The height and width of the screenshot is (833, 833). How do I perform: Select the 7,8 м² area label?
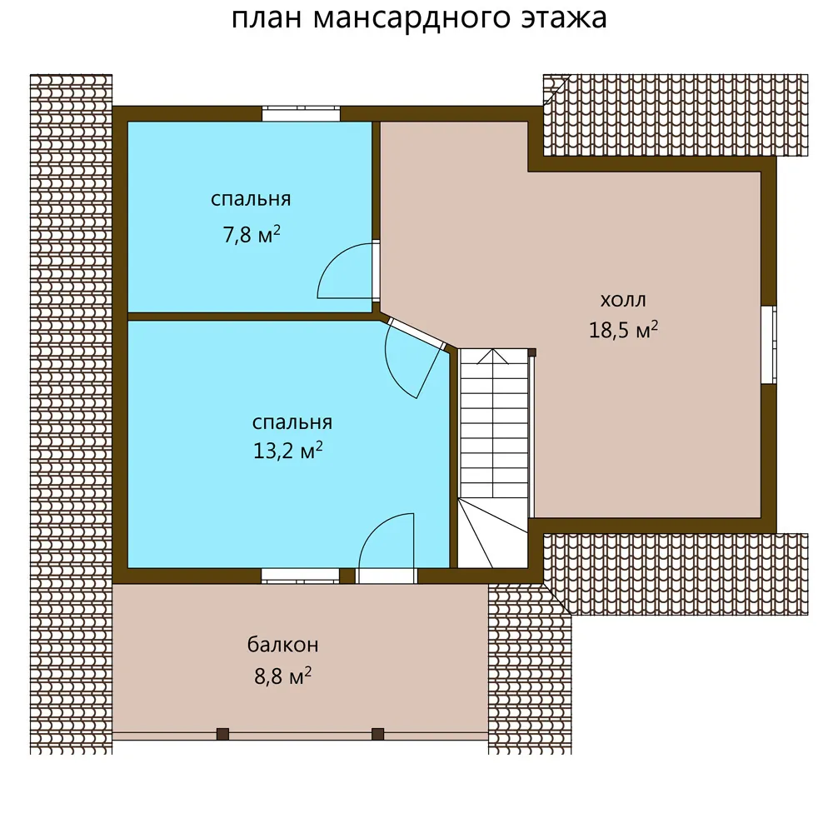click(252, 234)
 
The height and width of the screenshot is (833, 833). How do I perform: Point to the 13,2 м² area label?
click(288, 451)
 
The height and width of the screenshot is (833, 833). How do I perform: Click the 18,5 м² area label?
click(623, 329)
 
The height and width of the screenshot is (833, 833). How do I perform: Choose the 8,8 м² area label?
click(282, 676)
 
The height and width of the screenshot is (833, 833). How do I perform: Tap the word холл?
click(623, 300)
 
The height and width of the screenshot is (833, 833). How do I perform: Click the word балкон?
click(282, 645)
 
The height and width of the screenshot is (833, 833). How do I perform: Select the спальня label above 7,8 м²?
click(251, 199)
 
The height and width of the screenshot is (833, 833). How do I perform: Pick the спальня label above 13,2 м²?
click(292, 422)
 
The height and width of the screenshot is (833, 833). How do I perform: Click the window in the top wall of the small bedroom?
click(301, 113)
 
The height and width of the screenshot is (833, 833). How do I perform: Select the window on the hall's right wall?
click(769, 344)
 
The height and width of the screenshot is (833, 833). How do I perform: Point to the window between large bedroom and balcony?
click(300, 576)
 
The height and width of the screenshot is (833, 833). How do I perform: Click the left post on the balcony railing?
click(222, 734)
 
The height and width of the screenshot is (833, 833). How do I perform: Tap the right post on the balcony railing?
click(377, 734)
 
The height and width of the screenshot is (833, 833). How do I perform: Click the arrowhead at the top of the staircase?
click(493, 356)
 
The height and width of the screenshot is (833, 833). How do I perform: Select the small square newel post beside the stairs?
click(531, 352)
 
